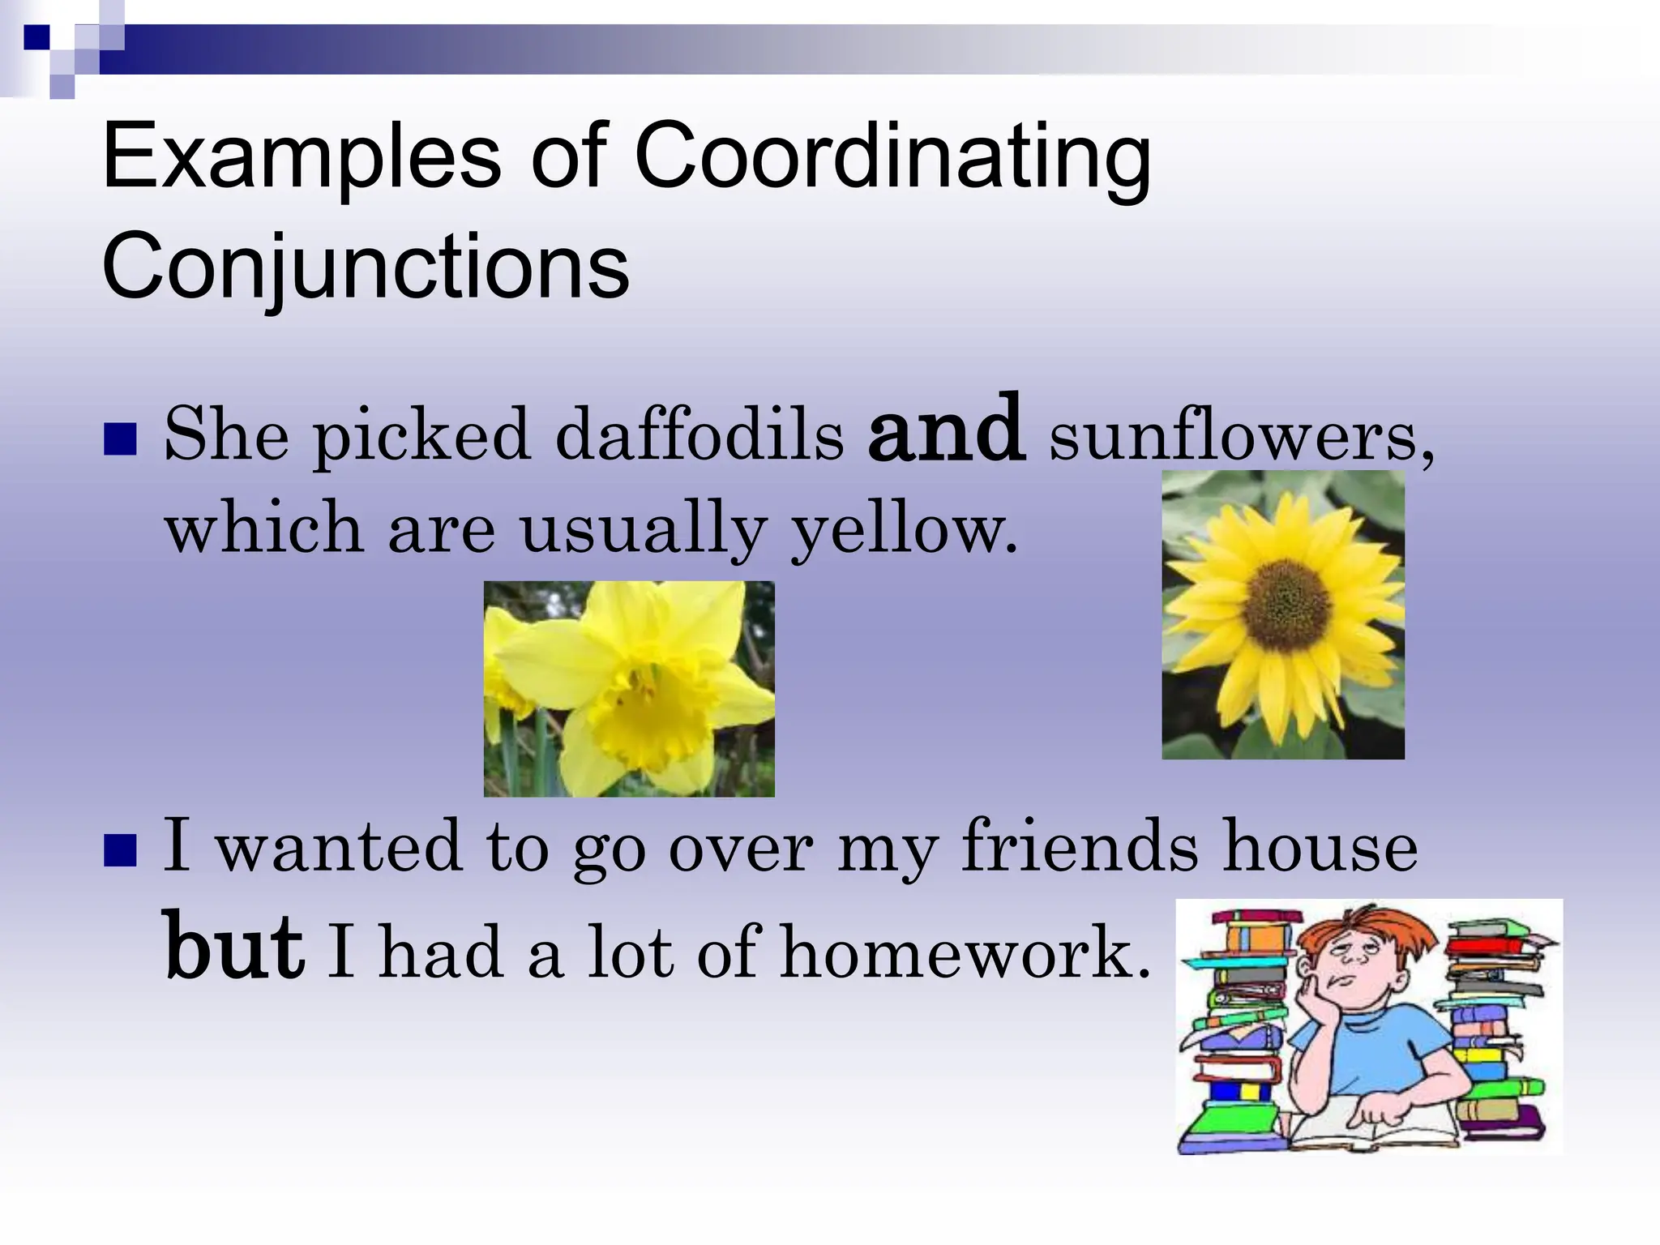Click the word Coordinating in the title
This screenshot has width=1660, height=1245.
tap(892, 158)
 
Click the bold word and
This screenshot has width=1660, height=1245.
tap(945, 430)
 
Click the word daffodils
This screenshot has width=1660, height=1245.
tap(700, 435)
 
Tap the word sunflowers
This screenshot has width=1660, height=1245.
tap(1241, 435)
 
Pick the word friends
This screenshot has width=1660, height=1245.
tap(1079, 848)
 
